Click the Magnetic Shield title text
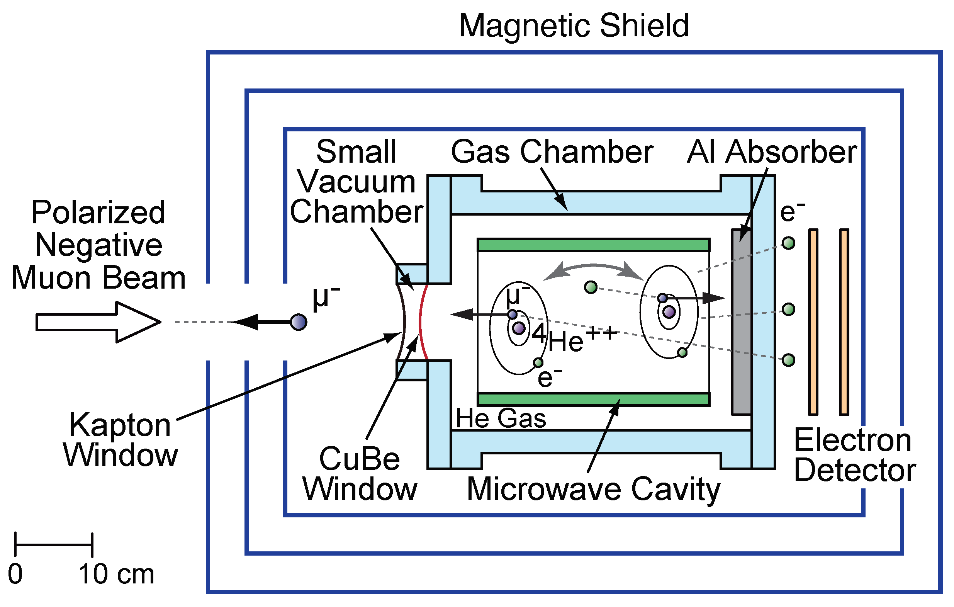[574, 26]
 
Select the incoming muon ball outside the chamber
[298, 322]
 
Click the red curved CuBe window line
[421, 322]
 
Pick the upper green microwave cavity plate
[593, 245]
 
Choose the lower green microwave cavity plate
[593, 399]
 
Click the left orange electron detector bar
[813, 322]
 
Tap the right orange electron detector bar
[844, 322]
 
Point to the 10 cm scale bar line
[53, 545]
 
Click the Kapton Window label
[121, 440]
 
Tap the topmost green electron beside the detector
[788, 243]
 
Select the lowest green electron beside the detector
[788, 360]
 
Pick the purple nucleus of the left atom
[519, 328]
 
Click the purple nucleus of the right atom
[669, 312]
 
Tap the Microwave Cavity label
[593, 489]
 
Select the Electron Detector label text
[854, 456]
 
